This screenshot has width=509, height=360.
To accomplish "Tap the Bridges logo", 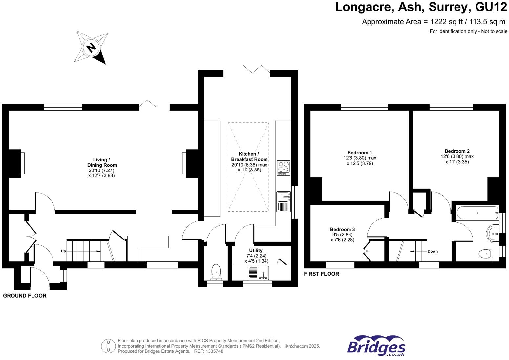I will [376, 346].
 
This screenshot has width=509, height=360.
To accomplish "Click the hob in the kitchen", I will [284, 167].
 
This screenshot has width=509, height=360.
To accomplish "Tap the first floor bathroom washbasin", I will [493, 234].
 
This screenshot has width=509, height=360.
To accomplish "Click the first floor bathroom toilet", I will [485, 254].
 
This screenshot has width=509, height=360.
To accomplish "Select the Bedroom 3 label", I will [342, 229].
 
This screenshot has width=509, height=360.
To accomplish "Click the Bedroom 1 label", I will [360, 153].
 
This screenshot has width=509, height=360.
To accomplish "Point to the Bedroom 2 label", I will [457, 151].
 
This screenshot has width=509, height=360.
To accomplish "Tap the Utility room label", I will [256, 250].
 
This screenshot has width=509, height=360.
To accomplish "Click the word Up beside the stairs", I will [63, 251].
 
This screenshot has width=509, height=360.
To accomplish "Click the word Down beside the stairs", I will [433, 251].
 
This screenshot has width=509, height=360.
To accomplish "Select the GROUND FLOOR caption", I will [25, 296].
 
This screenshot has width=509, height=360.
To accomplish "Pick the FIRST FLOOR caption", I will [321, 274].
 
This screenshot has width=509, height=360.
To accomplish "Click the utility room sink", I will [263, 273].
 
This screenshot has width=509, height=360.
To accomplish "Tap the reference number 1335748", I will [214, 351].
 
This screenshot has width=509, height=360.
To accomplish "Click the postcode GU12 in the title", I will [488, 7].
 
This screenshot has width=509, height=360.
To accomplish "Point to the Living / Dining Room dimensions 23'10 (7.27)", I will [101, 170].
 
